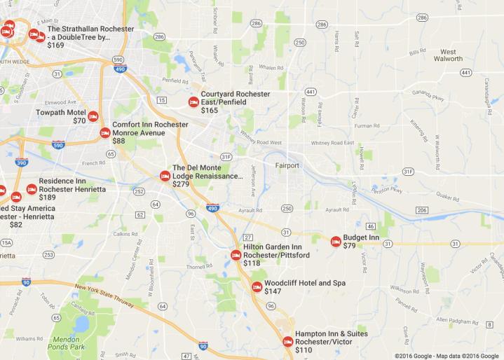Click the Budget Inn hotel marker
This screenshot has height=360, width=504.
[x=336, y=241]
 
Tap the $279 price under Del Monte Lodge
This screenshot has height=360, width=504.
[x=181, y=184]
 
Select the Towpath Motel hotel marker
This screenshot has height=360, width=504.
[x=93, y=117]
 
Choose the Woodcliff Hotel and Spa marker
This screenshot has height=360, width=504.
[x=257, y=286]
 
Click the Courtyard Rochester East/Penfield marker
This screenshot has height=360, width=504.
[x=193, y=102]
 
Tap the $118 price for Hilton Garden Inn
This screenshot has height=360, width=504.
[x=252, y=263]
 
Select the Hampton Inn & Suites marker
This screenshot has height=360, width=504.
[x=287, y=341]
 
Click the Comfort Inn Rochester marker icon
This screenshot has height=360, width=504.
[x=105, y=132]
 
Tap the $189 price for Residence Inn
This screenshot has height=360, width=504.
[x=48, y=198]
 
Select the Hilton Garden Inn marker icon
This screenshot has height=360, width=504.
[x=236, y=255]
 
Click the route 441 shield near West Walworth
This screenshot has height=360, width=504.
[x=466, y=72]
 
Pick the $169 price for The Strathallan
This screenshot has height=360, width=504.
[x=55, y=46]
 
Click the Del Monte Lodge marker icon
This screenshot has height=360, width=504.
[x=165, y=176]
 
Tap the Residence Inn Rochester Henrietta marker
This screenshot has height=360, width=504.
[x=32, y=189]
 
